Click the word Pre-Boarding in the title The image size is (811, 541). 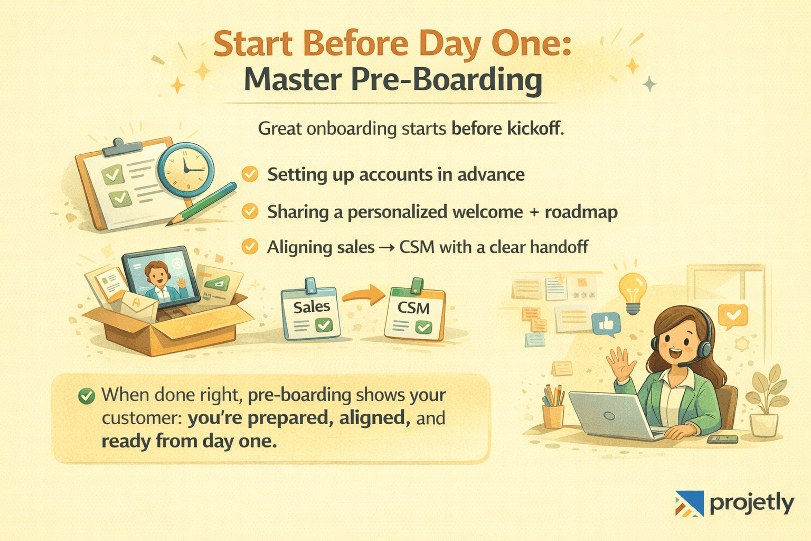[x=446, y=80]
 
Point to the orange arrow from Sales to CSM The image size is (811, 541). [x=365, y=295]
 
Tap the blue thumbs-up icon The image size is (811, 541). [x=606, y=323]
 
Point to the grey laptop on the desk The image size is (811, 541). [x=607, y=415]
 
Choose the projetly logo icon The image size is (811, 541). [x=690, y=503]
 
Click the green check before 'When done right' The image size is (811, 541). [x=86, y=396]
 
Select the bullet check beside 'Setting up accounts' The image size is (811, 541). [x=250, y=174]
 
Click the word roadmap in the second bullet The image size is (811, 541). [x=581, y=212]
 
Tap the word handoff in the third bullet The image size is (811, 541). [x=559, y=247]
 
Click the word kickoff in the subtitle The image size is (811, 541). [x=533, y=128]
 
